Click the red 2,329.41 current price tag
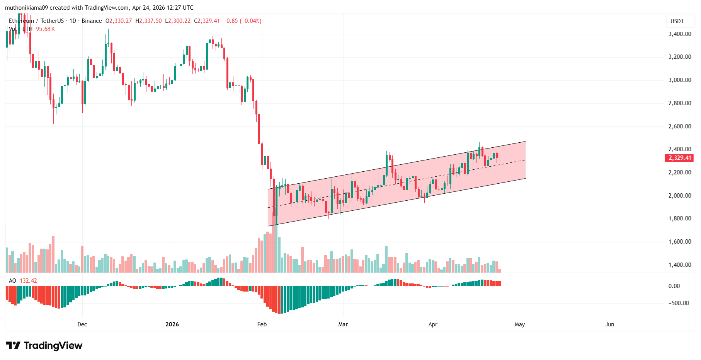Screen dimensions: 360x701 pyautogui.click(x=679, y=158)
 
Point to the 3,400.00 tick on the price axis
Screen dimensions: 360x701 pyautogui.click(x=680, y=34)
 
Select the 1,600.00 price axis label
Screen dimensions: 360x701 pyautogui.click(x=680, y=242)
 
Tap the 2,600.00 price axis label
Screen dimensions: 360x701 pyautogui.click(x=680, y=126)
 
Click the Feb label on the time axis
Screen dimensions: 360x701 pyautogui.click(x=262, y=324)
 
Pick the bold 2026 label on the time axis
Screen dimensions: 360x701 pyautogui.click(x=172, y=324)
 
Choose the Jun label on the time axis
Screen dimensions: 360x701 pyautogui.click(x=609, y=324)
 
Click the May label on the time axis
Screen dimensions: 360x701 pyautogui.click(x=520, y=324)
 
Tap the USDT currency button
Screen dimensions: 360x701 pyautogui.click(x=677, y=21)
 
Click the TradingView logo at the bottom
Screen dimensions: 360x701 pyautogui.click(x=44, y=345)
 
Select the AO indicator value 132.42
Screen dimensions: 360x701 pyautogui.click(x=28, y=281)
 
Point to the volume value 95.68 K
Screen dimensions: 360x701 pyautogui.click(x=45, y=29)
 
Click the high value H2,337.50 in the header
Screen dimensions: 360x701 pyautogui.click(x=148, y=21)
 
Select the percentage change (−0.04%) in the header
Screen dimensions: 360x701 pyautogui.click(x=250, y=21)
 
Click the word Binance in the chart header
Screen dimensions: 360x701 pyautogui.click(x=92, y=21)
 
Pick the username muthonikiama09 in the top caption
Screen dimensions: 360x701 pyautogui.click(x=26, y=8)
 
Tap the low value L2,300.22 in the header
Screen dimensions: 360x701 pyautogui.click(x=178, y=21)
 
